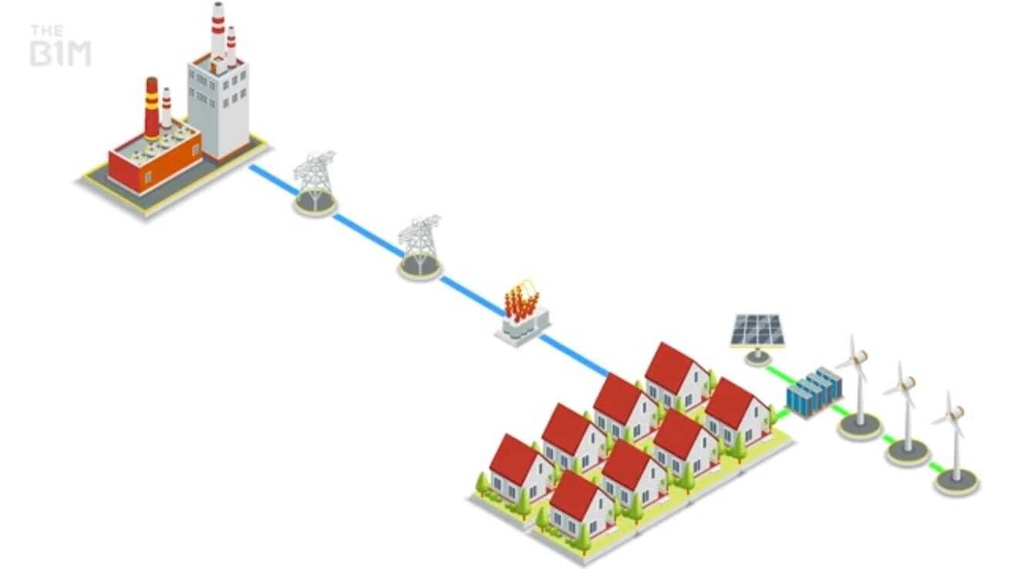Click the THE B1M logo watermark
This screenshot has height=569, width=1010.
click(60, 46)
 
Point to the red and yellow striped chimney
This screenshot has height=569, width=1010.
click(152, 108)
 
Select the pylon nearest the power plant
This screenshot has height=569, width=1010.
click(314, 182)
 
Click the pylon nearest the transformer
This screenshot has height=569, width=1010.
click(419, 245)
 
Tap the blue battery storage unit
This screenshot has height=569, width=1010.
click(814, 392)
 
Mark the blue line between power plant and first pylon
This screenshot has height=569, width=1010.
click(272, 178)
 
